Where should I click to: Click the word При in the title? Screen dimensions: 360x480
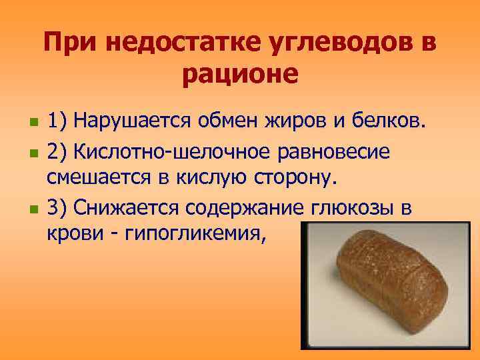click(x=65, y=45)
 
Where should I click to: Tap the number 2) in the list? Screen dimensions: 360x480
click(x=56, y=151)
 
